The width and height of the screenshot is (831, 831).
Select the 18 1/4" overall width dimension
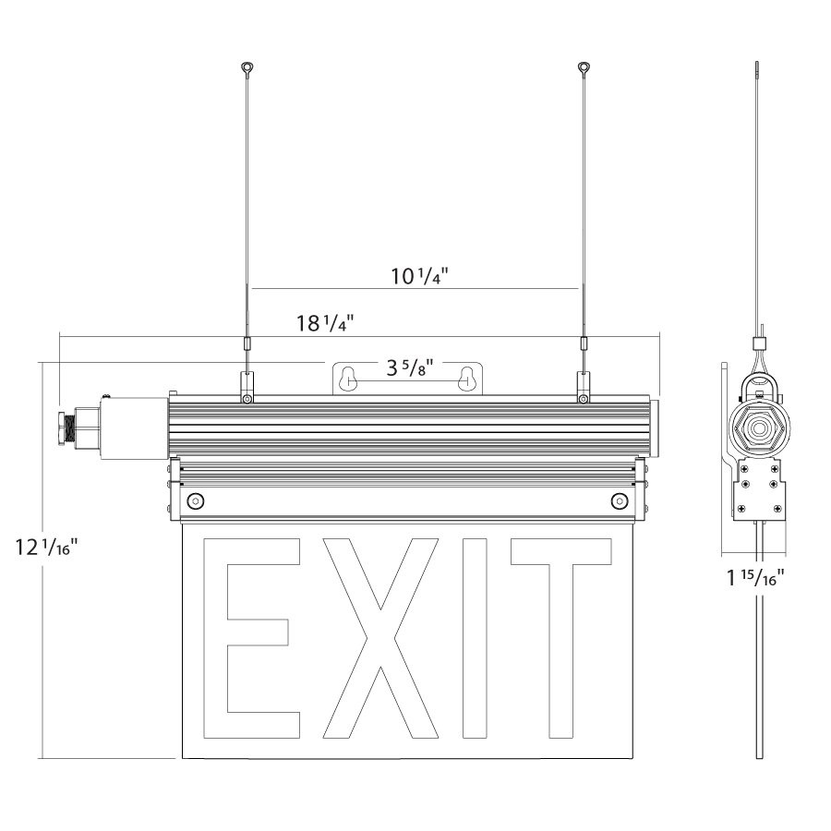(325, 323)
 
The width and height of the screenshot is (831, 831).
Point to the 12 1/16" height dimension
(45, 548)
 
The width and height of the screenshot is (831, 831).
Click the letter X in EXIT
(379, 638)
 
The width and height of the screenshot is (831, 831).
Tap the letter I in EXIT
(475, 638)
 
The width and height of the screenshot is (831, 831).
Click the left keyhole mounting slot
(348, 378)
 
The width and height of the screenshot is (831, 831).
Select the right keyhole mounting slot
(467, 378)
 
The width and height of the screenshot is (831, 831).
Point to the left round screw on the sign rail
(195, 500)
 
